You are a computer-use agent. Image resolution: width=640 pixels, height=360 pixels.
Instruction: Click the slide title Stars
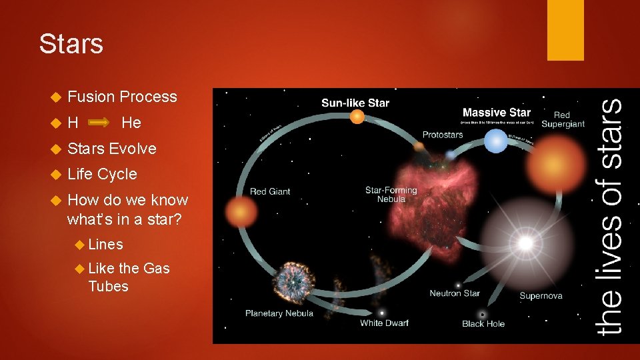(71, 44)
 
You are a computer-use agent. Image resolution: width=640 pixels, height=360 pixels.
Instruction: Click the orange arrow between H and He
(99, 123)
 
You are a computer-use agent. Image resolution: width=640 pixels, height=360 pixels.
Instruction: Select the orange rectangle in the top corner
(565, 30)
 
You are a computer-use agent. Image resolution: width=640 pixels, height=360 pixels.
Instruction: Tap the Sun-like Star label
(355, 103)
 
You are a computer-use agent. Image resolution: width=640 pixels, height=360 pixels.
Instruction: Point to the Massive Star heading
(497, 113)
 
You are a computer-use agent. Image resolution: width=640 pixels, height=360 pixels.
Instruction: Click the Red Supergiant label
(563, 119)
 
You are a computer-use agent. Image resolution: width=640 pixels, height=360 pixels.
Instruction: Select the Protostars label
(443, 135)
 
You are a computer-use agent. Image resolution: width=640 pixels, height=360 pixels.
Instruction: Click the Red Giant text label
(270, 191)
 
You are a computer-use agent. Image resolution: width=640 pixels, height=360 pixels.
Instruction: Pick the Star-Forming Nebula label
(391, 195)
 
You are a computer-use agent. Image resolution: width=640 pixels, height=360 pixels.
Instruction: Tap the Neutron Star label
(455, 293)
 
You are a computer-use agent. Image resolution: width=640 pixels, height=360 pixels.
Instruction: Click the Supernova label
(541, 295)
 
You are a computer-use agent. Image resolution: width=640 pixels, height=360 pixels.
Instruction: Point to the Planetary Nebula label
(279, 313)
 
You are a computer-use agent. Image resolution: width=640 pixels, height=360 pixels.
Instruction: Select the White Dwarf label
(384, 323)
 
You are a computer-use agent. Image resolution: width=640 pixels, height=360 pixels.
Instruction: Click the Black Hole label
(483, 324)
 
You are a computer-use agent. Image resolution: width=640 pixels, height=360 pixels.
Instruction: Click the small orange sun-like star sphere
(357, 117)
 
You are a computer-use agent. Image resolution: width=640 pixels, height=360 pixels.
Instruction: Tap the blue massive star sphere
(495, 141)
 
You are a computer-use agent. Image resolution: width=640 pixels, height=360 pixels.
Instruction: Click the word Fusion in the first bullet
(91, 97)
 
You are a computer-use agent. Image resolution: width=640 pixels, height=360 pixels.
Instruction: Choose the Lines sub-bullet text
(105, 245)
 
